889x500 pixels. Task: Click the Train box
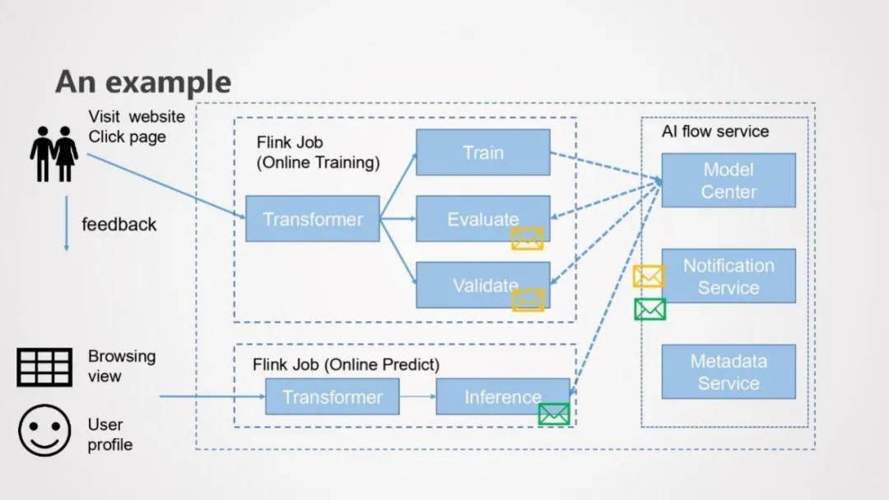coord(482,152)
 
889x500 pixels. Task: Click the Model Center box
coord(728,180)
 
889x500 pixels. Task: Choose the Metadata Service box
coord(728,371)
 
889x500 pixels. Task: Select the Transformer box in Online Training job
coord(313,219)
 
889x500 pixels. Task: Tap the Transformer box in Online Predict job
coord(332,397)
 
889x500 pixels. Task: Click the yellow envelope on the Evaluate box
coord(528,239)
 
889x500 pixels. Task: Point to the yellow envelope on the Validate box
coord(528,301)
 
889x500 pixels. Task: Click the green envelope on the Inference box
coord(554,414)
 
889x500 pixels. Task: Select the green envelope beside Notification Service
coord(649,310)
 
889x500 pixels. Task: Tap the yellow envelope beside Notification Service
coord(648,277)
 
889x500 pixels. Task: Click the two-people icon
coord(54,154)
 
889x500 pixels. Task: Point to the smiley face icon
coord(44,430)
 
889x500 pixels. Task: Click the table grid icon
coord(44,367)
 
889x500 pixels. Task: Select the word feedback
coord(119,224)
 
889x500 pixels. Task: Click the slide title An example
coord(143,82)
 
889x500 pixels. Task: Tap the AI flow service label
coord(714,132)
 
